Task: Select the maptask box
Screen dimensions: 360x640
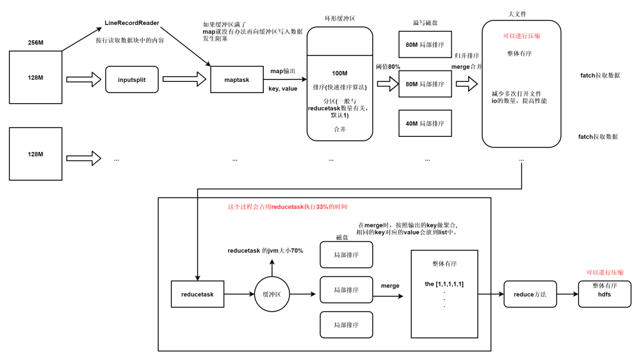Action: point(237,79)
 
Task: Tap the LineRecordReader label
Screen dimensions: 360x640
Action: point(132,23)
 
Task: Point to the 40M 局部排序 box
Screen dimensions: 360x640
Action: point(424,124)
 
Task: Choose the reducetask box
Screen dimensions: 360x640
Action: point(197,294)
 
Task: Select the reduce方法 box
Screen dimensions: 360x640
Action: point(530,294)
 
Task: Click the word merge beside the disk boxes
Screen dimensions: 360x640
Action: point(390,286)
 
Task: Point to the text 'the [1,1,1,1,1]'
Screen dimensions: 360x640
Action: point(444,284)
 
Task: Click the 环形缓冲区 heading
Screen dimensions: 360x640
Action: point(339,19)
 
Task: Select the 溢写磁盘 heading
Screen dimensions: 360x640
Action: point(425,22)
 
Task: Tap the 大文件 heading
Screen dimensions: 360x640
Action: point(521,13)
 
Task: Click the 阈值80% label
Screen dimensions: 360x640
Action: point(387,67)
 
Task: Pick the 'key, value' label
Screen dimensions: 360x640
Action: point(282,89)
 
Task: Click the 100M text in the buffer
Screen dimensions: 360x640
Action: point(339,74)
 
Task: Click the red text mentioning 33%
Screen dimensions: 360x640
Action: point(287,206)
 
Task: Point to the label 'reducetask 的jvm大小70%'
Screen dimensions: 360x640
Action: point(266,251)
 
